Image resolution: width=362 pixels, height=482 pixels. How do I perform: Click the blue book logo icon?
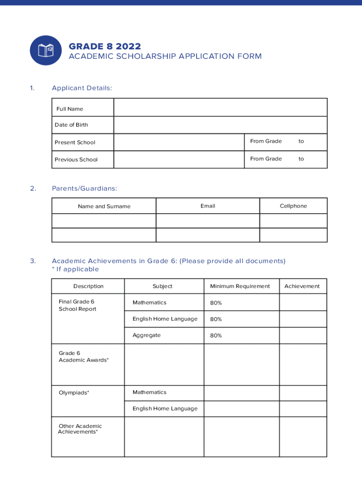pyautogui.click(x=46, y=50)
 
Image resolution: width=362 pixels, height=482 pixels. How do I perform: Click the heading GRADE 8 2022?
pyautogui.click(x=104, y=46)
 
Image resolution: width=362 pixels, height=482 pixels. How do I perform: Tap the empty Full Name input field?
pyautogui.click(x=220, y=107)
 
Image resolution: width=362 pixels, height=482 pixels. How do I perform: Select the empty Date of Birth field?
pyautogui.click(x=220, y=125)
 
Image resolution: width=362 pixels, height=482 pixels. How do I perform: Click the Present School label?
pyautogui.click(x=75, y=142)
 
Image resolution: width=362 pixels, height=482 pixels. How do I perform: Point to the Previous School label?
pyautogui.click(x=76, y=160)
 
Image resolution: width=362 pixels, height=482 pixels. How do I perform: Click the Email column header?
pyautogui.click(x=207, y=206)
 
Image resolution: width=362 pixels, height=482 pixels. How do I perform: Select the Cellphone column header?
pyautogui.click(x=293, y=206)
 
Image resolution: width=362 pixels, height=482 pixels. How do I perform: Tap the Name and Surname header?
pyautogui.click(x=104, y=206)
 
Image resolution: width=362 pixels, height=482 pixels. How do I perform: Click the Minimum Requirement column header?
pyautogui.click(x=240, y=286)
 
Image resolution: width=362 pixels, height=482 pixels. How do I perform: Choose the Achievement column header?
pyautogui.click(x=302, y=286)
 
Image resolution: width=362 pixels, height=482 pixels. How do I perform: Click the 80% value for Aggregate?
pyautogui.click(x=216, y=336)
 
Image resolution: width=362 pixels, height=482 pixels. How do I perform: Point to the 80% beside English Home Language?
pyautogui.click(x=216, y=319)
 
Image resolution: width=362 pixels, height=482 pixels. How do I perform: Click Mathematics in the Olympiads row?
pyautogui.click(x=150, y=392)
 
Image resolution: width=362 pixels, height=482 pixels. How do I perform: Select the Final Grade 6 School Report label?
pyautogui.click(x=77, y=305)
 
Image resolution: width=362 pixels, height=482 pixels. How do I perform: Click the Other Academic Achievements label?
pyautogui.click(x=79, y=429)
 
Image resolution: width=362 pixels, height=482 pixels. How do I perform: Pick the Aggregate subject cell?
pyautogui.click(x=146, y=335)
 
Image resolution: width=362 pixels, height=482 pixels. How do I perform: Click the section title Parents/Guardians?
pyautogui.click(x=84, y=188)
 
